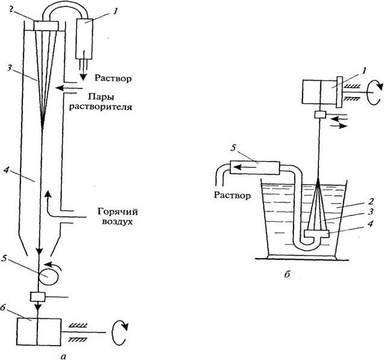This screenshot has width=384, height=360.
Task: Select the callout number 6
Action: [x=4, y=307]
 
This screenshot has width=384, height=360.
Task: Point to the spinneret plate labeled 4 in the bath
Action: [x=315, y=233]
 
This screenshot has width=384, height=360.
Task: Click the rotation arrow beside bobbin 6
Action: [x=119, y=329]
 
